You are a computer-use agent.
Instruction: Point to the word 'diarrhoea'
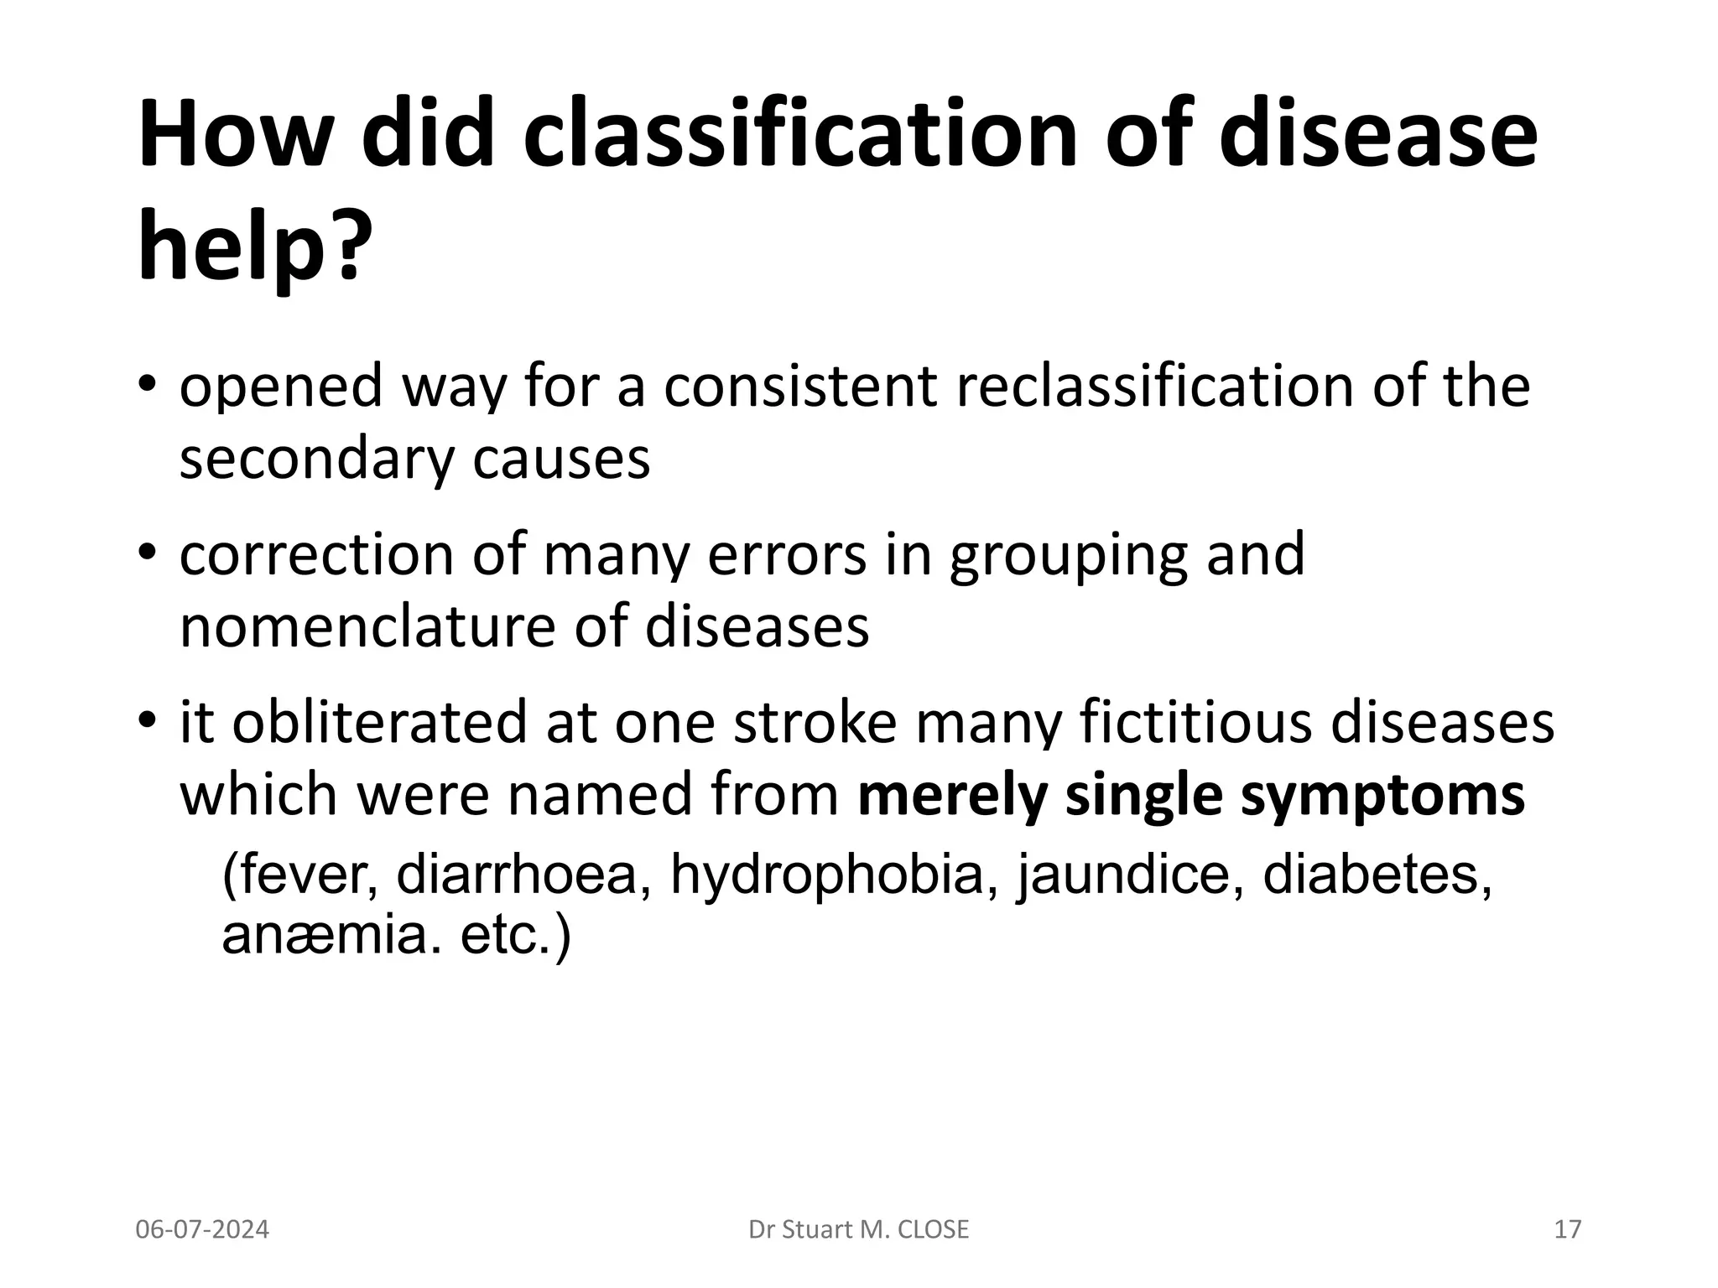[x=517, y=875]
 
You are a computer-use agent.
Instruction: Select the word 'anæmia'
[x=331, y=935]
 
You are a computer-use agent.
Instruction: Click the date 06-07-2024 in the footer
[x=202, y=1229]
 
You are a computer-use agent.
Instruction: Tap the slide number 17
[x=1567, y=1229]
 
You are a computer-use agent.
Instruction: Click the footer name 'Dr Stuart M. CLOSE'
[x=858, y=1229]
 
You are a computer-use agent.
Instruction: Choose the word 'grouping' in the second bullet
[x=1068, y=556]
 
